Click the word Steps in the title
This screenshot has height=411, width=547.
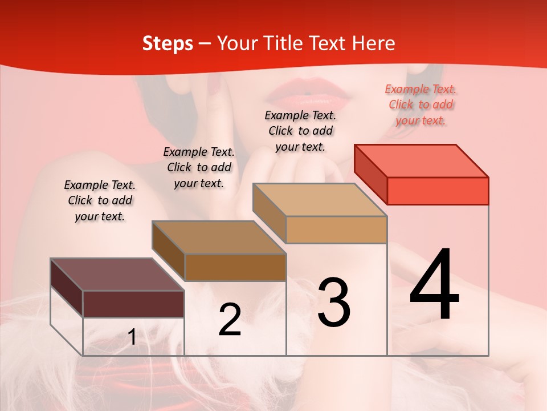click(168, 43)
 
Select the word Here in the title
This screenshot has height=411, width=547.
click(372, 43)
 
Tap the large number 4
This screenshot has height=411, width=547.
click(434, 285)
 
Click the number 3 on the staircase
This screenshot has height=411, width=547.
click(333, 303)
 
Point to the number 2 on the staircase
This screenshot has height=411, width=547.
click(230, 320)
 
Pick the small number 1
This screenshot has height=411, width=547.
click(132, 338)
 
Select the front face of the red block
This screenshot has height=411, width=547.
click(438, 191)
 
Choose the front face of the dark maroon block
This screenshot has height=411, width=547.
click(133, 304)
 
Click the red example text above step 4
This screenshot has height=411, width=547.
click(421, 104)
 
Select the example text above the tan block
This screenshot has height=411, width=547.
click(300, 131)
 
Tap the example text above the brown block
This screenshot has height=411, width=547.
click(199, 167)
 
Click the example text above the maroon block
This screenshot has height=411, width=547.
click(100, 200)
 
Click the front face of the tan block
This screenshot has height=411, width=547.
click(336, 229)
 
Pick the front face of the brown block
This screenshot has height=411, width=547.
click(235, 267)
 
